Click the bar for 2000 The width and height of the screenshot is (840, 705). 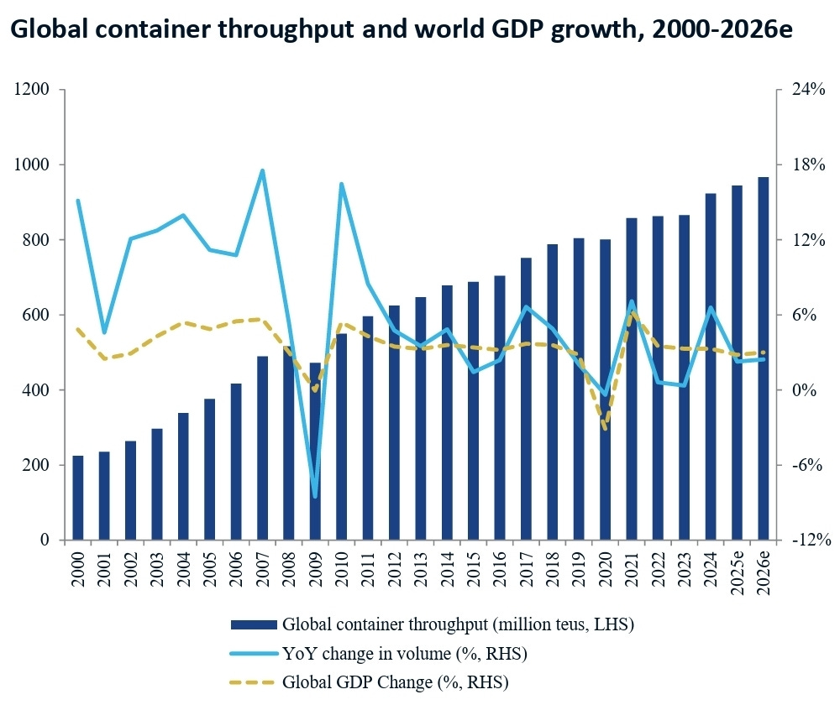point(78,498)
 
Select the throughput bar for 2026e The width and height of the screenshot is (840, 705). point(763,358)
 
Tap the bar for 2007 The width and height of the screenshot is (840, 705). point(262,447)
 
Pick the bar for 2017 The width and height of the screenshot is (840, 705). point(526,399)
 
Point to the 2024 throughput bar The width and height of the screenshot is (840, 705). point(711,366)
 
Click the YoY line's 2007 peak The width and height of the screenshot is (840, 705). point(262,170)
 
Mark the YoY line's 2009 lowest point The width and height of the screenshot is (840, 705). point(315,496)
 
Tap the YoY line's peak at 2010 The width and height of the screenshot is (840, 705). point(341,184)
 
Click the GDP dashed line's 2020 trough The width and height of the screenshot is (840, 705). point(606,428)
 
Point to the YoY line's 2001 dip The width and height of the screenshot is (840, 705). point(104,332)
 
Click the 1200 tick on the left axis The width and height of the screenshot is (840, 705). point(31,89)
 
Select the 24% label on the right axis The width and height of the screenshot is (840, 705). point(808,89)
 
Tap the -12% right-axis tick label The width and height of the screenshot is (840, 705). point(811,540)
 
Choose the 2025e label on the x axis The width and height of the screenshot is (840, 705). point(738,573)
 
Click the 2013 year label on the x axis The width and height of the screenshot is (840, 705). point(421,570)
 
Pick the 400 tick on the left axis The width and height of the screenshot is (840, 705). point(36,389)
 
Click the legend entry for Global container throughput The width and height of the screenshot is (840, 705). point(432,624)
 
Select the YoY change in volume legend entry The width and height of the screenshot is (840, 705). point(378,653)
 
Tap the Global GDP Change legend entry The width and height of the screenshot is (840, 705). point(369,682)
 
